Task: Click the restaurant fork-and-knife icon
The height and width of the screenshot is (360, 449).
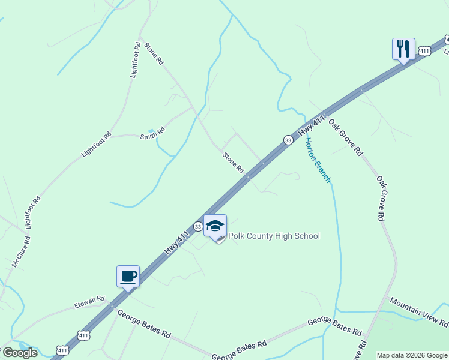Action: (403, 48)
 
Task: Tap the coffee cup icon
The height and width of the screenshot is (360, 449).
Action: (128, 277)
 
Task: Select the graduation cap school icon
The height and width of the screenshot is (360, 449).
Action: (215, 226)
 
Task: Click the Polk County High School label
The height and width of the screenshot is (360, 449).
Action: (274, 236)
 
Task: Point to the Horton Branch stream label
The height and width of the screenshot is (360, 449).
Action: (318, 160)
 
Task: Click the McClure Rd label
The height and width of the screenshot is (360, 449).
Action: (21, 252)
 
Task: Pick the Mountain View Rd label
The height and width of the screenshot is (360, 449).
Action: (418, 312)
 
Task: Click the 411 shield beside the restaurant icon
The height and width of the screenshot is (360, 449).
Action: (424, 52)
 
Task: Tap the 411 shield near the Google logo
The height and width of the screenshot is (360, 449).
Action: (62, 349)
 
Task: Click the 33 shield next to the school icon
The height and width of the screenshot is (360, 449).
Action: (197, 226)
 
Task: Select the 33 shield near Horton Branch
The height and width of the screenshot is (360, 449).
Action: (288, 140)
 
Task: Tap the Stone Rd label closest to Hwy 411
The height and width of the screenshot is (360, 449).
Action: (234, 163)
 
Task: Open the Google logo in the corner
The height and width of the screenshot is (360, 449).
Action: (20, 353)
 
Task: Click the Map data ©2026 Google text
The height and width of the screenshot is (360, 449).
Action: (412, 355)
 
